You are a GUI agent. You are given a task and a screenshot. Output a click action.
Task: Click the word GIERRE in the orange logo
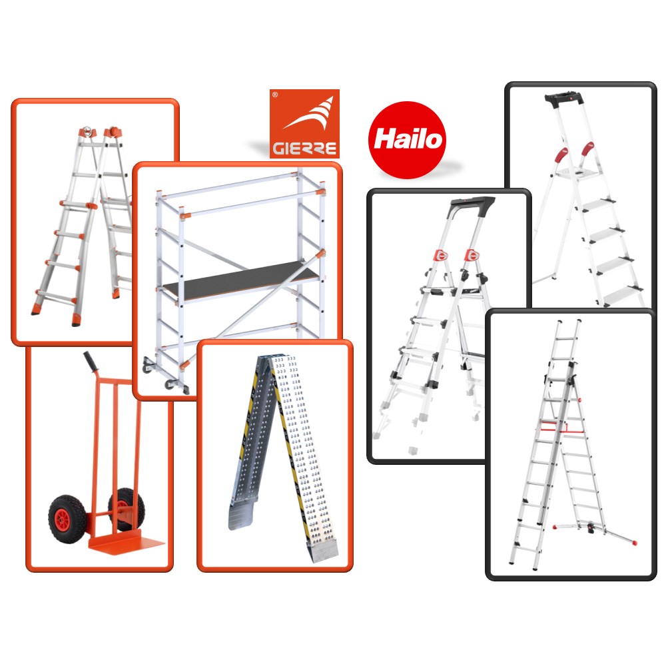click(304, 149)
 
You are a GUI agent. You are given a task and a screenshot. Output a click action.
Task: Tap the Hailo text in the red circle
click(408, 139)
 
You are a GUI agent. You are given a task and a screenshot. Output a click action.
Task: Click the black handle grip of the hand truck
click(90, 362)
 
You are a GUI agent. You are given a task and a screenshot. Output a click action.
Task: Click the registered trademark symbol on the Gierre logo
click(275, 95)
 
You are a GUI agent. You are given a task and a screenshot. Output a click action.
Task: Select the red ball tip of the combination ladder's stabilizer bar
click(635, 542)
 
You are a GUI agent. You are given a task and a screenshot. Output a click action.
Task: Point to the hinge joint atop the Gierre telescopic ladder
click(101, 132)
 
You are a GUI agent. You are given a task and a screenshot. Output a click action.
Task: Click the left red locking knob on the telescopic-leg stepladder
click(442, 256)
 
